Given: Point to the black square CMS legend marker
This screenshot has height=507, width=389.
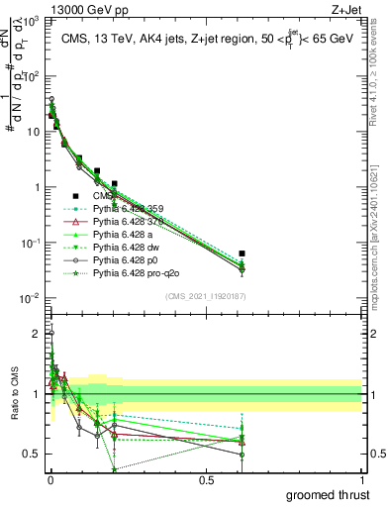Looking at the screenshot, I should click(75, 195).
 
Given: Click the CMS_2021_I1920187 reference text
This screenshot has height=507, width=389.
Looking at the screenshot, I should click(206, 295).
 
